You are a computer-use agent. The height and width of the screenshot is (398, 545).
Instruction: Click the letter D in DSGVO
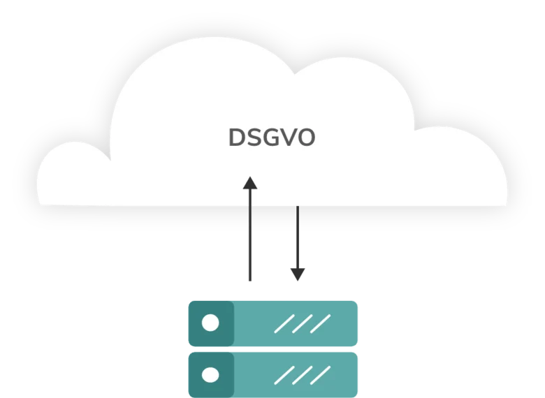[237, 138]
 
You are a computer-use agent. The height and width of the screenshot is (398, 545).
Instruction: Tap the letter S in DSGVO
[255, 138]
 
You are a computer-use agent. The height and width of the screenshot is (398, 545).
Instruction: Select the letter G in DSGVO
[272, 138]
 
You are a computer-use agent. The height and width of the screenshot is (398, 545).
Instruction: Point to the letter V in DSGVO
[289, 138]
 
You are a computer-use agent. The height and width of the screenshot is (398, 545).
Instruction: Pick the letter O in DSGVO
[306, 138]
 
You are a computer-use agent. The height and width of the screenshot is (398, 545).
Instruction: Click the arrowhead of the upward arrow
[250, 183]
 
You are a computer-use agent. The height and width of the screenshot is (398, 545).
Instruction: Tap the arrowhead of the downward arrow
[298, 274]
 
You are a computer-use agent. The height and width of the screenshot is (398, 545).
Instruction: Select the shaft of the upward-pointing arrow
[250, 235]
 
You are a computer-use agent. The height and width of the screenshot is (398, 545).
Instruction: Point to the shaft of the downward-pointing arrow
[298, 237]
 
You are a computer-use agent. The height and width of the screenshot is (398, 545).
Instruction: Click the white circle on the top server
[210, 323]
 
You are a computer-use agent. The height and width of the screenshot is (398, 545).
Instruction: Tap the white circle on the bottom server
[210, 375]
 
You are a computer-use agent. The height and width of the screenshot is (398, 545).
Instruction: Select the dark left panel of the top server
[211, 323]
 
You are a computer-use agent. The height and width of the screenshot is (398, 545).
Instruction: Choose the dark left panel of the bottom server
[211, 375]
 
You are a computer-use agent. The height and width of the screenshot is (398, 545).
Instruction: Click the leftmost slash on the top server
[284, 324]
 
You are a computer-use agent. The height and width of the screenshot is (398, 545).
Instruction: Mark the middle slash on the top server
[303, 324]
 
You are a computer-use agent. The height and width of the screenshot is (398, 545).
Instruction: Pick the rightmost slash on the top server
[321, 324]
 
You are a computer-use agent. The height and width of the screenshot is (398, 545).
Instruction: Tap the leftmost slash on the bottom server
[284, 376]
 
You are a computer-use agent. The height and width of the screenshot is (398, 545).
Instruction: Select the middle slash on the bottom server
[303, 376]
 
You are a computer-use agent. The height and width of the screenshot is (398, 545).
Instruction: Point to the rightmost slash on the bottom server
[321, 376]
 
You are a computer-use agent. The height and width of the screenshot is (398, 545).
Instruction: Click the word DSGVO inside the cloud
[272, 138]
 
